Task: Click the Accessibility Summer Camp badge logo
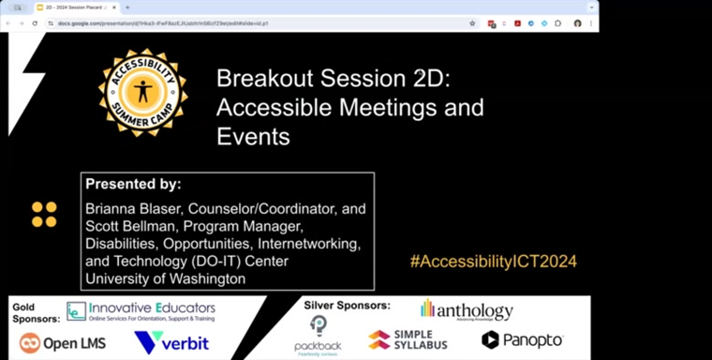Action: pyautogui.click(x=142, y=93)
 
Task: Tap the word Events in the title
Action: pyautogui.click(x=253, y=136)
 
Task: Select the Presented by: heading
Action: pyautogui.click(x=133, y=185)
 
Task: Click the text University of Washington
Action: pyautogui.click(x=165, y=278)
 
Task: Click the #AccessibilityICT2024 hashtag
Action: pyautogui.click(x=493, y=261)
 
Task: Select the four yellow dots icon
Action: pyautogui.click(x=44, y=215)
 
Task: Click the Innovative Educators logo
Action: pyautogui.click(x=141, y=311)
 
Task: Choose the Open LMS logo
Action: pyautogui.click(x=63, y=343)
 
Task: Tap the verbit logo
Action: pyautogui.click(x=171, y=343)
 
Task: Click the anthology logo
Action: pyautogui.click(x=467, y=310)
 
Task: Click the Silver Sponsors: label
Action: pyautogui.click(x=347, y=306)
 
